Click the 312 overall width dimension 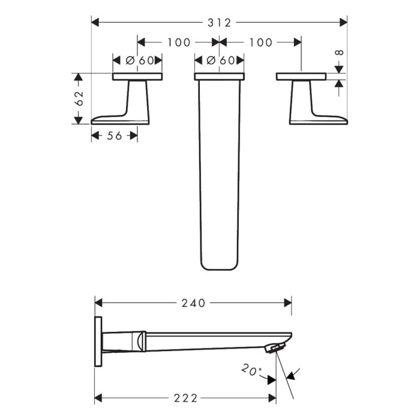[220, 22]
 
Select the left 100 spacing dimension [179, 42]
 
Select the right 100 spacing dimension [260, 42]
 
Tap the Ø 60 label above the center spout [219, 60]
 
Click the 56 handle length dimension [114, 136]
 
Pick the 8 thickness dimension [340, 53]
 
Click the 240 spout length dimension [193, 303]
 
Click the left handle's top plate [137, 77]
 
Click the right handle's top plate [301, 77]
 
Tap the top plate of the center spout [219, 77]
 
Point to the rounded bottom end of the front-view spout [219, 264]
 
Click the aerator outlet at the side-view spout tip [275, 348]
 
